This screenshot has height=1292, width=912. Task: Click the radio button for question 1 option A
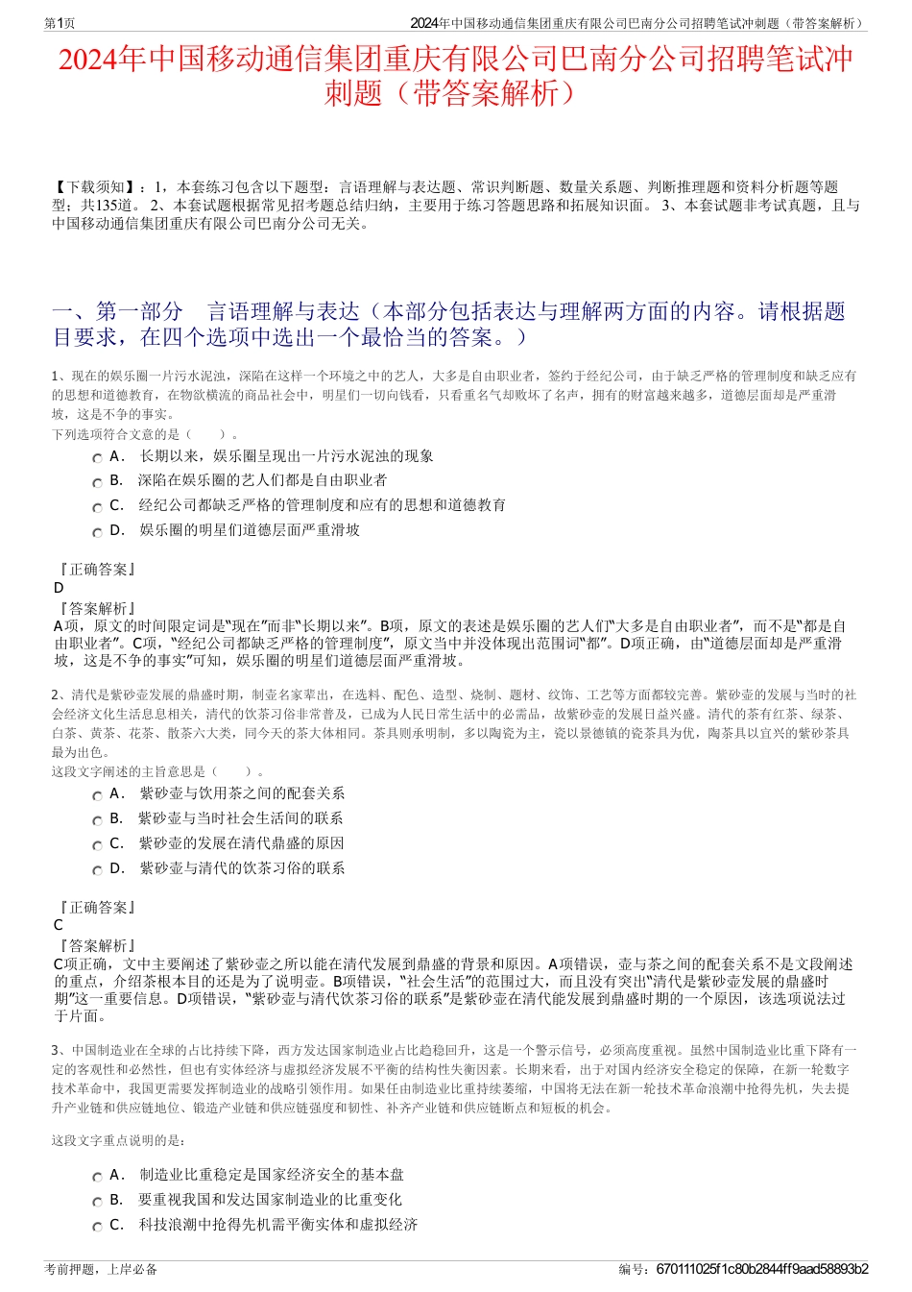pyautogui.click(x=97, y=458)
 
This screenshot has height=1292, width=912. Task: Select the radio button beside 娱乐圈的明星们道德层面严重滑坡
pyautogui.click(x=97, y=532)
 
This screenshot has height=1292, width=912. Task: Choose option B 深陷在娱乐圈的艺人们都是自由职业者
pyautogui.click(x=97, y=482)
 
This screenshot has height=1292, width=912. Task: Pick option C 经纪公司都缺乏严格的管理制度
pyautogui.click(x=97, y=507)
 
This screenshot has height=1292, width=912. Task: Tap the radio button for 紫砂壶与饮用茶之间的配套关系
pyautogui.click(x=97, y=795)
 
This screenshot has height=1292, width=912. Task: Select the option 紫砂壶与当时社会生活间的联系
pyautogui.click(x=97, y=820)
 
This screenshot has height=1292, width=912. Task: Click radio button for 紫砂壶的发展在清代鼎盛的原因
pyautogui.click(x=97, y=845)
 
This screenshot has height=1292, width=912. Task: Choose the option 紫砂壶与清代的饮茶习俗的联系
pyautogui.click(x=97, y=870)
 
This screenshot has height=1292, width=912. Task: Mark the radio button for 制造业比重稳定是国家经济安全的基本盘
pyautogui.click(x=97, y=1177)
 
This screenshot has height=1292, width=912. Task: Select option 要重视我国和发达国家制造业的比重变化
pyautogui.click(x=97, y=1202)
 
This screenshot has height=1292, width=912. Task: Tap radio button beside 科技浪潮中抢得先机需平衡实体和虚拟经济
pyautogui.click(x=97, y=1227)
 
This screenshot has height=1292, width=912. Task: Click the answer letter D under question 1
pyautogui.click(x=59, y=588)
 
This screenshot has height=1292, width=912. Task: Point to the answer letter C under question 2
pyautogui.click(x=59, y=925)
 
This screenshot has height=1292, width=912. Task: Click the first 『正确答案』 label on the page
pyautogui.click(x=96, y=570)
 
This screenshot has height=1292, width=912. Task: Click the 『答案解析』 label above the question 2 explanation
pyautogui.click(x=96, y=945)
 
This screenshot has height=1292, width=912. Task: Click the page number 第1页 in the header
pyautogui.click(x=60, y=23)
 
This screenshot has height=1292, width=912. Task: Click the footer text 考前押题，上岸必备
pyautogui.click(x=102, y=1269)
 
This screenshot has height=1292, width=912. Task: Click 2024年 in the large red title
pyautogui.click(x=101, y=61)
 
